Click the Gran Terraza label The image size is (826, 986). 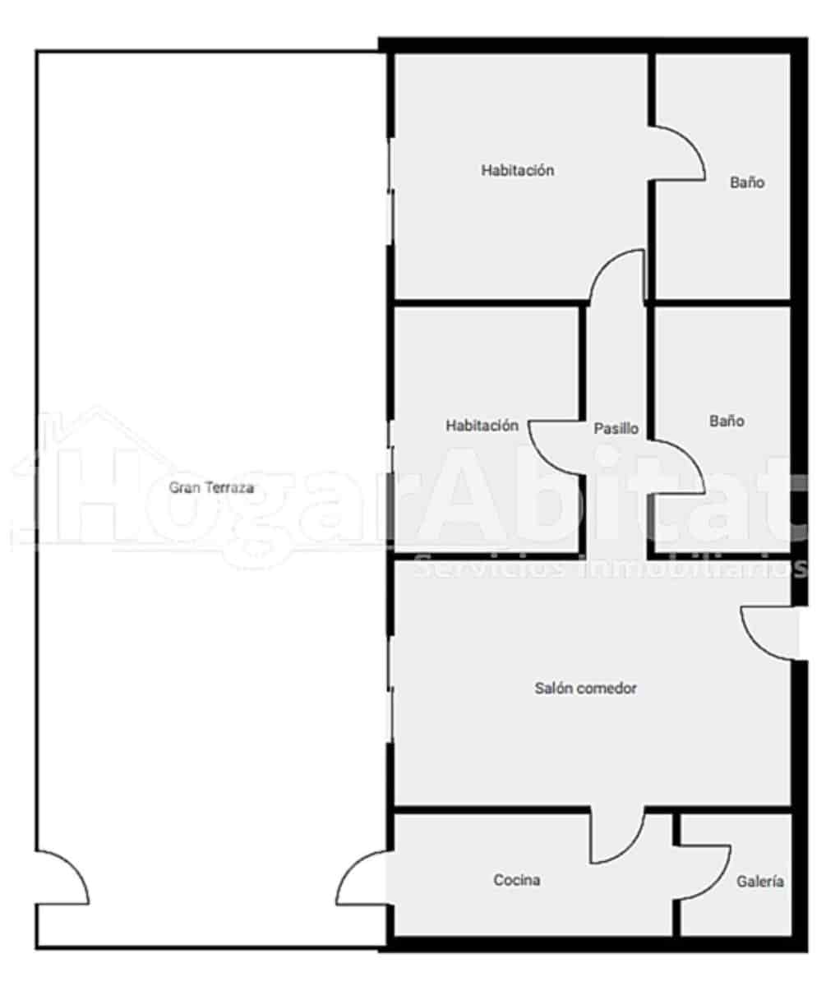pos(211,487)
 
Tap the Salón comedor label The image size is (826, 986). pos(585,689)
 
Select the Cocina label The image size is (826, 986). pos(517,880)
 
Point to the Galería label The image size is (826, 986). pos(759,882)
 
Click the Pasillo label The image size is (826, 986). pos(616,428)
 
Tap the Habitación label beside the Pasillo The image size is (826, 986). pos(482,426)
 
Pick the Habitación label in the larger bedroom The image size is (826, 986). pos(518,171)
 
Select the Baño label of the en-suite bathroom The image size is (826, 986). pos(747,182)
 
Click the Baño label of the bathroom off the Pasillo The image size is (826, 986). pos(727,421)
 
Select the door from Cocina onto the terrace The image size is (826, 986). pos(362,879)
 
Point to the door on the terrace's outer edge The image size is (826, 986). pos(62,878)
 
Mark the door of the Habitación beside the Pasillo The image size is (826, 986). pos(557,448)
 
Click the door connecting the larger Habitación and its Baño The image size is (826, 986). pos(677,153)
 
